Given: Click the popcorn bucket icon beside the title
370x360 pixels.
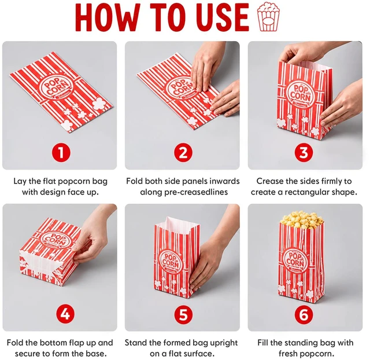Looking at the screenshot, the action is click(x=268, y=17).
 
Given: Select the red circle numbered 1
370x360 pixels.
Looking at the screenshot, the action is click(x=61, y=153).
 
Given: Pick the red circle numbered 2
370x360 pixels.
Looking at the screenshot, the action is click(x=183, y=153).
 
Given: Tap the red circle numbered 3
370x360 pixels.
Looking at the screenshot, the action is click(x=304, y=153).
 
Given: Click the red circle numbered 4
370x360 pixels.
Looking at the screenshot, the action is click(x=65, y=315).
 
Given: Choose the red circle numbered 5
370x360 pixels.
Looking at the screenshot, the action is click(x=184, y=315).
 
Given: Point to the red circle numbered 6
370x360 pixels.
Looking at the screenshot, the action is click(x=304, y=315).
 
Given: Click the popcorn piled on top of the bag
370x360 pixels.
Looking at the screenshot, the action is click(x=302, y=220).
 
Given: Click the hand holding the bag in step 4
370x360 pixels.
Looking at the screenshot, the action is click(x=93, y=238).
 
